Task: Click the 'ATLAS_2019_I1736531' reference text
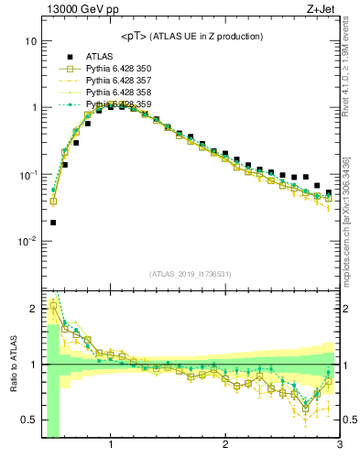point(191,274)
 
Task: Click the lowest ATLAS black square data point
point(53,223)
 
